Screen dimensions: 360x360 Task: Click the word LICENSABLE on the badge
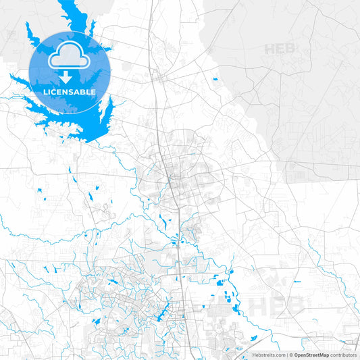point(70,91)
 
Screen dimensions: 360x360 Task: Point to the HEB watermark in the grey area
point(280,49)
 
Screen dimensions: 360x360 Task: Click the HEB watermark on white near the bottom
point(276,305)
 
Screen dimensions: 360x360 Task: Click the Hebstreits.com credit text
point(269,355)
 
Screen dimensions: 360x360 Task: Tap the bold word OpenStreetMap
point(311,355)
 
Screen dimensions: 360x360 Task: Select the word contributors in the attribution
point(342,355)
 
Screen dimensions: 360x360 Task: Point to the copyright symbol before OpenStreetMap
point(291,355)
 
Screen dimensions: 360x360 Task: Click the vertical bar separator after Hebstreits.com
point(287,355)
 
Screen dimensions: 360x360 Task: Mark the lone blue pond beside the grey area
point(215,79)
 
